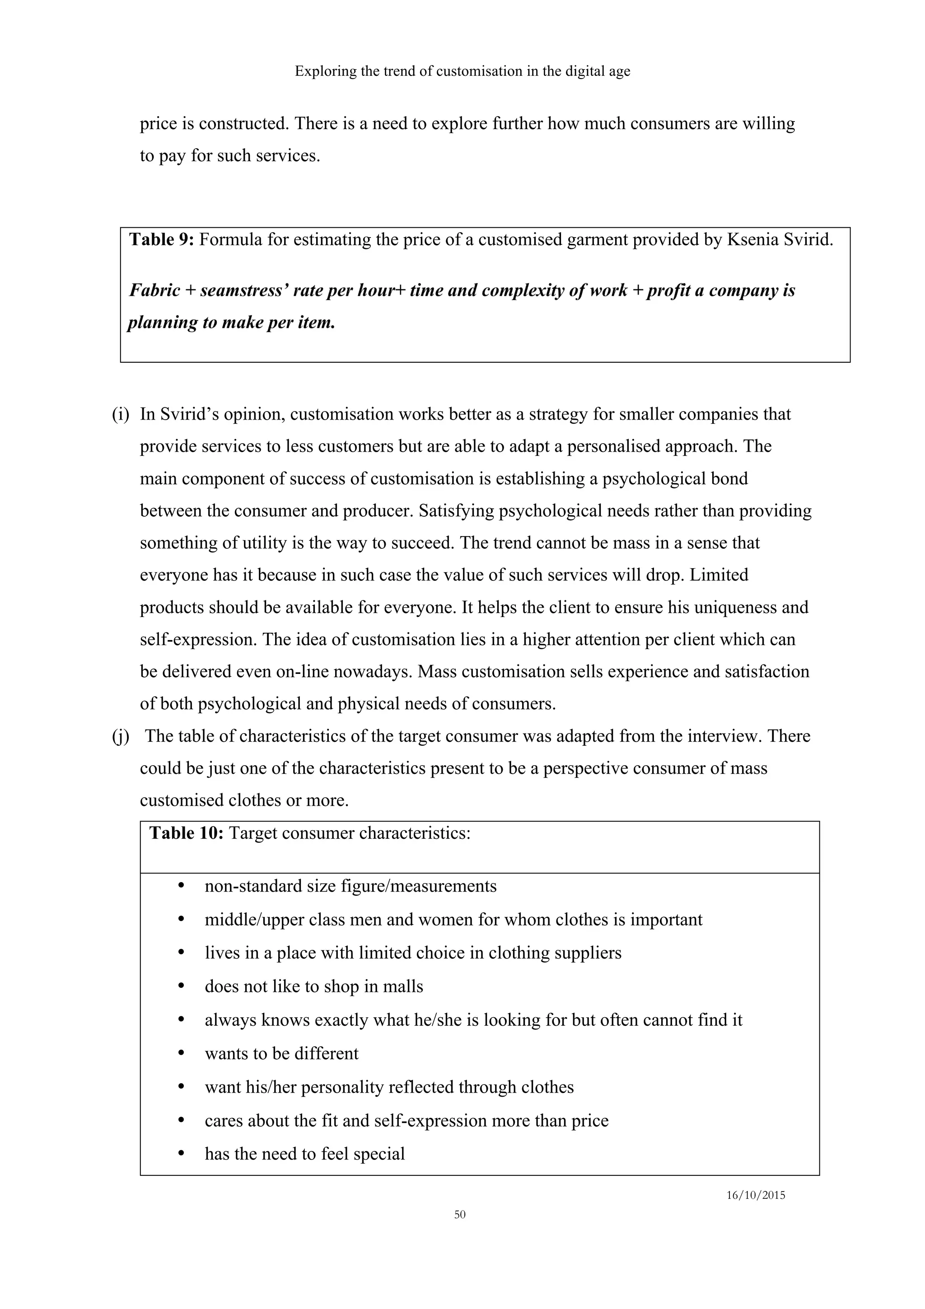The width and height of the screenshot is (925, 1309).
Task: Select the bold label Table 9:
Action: [162, 239]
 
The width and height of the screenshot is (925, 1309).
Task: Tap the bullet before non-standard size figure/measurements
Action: [181, 886]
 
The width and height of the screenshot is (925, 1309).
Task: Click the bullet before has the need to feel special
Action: [181, 1153]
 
